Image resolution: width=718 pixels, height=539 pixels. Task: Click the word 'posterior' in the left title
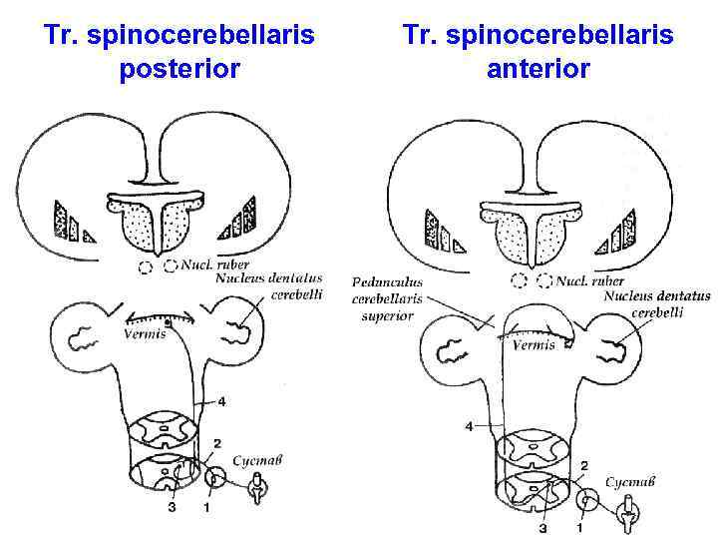click(x=179, y=70)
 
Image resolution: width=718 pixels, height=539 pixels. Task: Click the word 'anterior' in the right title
click(x=538, y=70)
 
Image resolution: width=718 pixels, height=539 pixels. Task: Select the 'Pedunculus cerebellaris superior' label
click(x=388, y=298)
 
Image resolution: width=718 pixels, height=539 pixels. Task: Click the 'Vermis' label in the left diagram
click(x=144, y=333)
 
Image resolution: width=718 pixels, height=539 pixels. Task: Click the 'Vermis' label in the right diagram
click(x=533, y=345)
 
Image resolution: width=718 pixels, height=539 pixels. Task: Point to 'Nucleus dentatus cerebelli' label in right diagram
click(x=655, y=303)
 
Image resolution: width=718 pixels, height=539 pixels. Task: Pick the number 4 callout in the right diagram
click(x=469, y=426)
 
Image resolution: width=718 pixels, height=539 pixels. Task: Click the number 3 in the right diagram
click(x=543, y=527)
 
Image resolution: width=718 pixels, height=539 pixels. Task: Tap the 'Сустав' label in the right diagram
click(x=631, y=482)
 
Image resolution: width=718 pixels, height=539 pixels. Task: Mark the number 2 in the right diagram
click(x=583, y=466)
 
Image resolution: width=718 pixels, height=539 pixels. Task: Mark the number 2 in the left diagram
click(x=216, y=443)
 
